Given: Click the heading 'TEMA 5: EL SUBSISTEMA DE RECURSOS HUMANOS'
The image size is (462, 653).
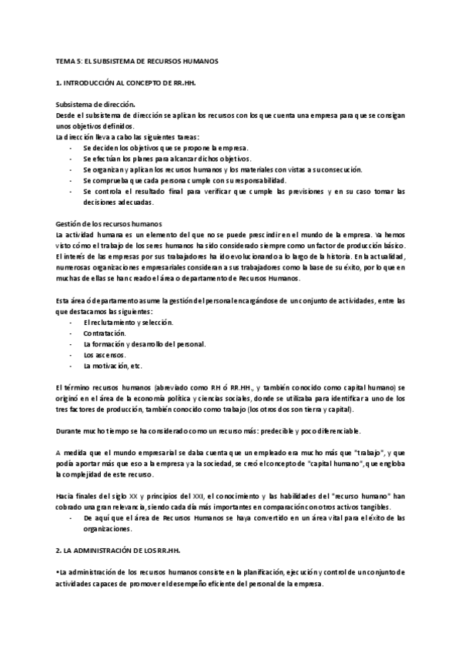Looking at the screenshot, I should click(x=132, y=60).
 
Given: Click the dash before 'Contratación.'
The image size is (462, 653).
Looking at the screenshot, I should click(x=71, y=333).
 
